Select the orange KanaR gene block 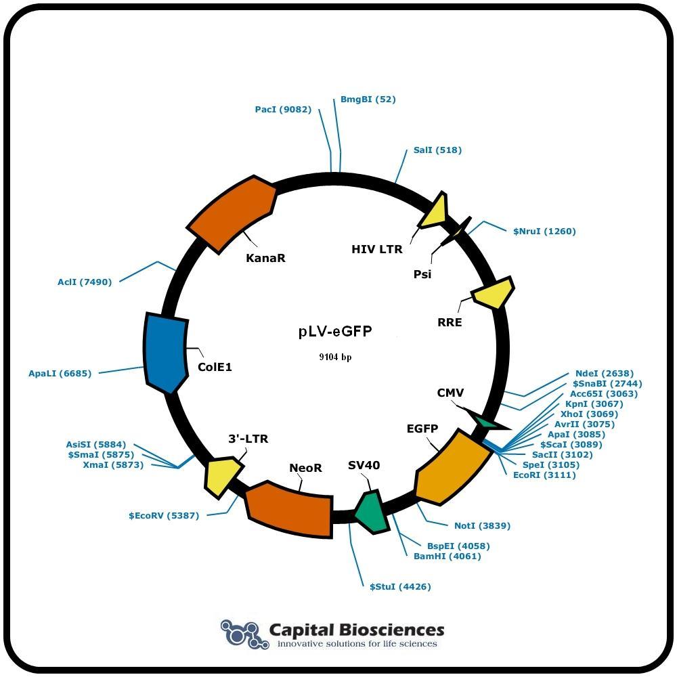click(x=232, y=213)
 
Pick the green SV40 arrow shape click(x=370, y=512)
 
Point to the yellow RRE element click(x=493, y=292)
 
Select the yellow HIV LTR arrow click(x=434, y=211)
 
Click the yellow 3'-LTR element click(x=222, y=477)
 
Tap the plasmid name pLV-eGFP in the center click(x=335, y=331)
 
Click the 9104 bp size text click(x=335, y=357)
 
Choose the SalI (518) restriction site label click(x=437, y=150)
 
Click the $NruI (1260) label click(x=544, y=231)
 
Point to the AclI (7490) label click(x=85, y=282)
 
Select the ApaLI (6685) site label click(x=60, y=373)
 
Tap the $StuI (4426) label click(x=400, y=586)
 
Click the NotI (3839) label click(x=482, y=525)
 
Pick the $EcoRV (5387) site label click(x=164, y=515)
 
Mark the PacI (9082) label click(x=283, y=109)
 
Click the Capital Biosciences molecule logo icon click(x=241, y=634)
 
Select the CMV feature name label click(x=450, y=393)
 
